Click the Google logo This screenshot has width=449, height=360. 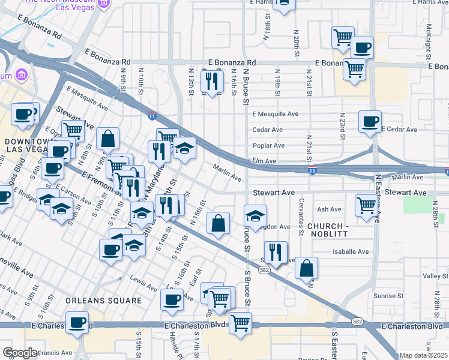tap(20, 353)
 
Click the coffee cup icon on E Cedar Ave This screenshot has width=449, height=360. tap(370, 121)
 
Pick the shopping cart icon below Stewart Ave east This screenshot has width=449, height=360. tap(366, 205)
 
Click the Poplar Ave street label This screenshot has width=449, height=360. tap(268, 145)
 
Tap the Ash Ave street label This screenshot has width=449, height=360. tap(329, 209)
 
